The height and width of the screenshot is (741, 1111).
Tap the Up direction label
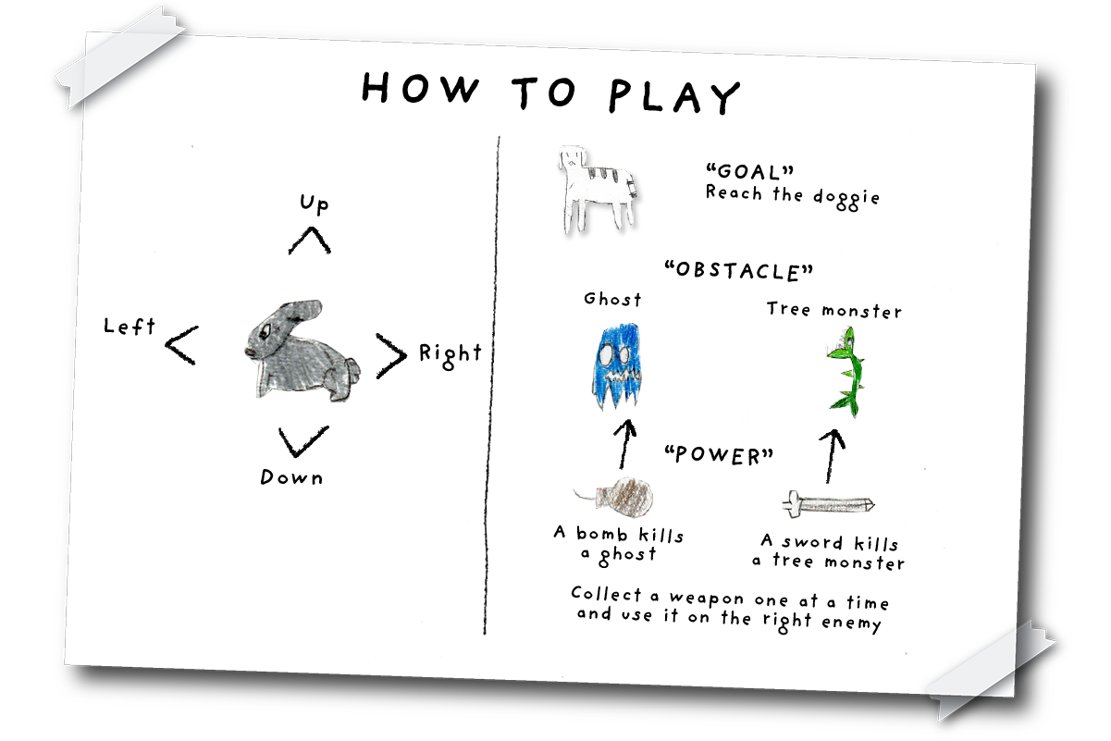(x=314, y=204)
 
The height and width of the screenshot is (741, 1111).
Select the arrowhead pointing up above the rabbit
(x=310, y=241)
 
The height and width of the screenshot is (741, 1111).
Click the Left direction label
(x=130, y=326)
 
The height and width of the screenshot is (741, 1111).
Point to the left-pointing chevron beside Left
(x=181, y=345)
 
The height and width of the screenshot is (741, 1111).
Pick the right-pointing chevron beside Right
(x=390, y=355)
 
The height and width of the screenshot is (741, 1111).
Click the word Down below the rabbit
(x=291, y=477)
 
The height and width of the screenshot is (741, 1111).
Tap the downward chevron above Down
(x=303, y=441)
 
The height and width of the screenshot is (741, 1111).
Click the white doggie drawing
(x=598, y=190)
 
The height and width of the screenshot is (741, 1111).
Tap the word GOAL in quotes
(x=749, y=172)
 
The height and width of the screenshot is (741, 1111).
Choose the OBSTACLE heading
(x=738, y=271)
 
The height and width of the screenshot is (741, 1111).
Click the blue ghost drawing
(x=616, y=366)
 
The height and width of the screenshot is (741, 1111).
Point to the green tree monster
(x=846, y=372)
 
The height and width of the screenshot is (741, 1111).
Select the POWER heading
(x=719, y=456)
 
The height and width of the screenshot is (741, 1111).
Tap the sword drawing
(x=828, y=504)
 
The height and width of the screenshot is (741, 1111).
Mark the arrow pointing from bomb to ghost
(x=625, y=444)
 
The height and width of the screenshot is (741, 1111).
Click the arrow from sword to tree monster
(x=833, y=456)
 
